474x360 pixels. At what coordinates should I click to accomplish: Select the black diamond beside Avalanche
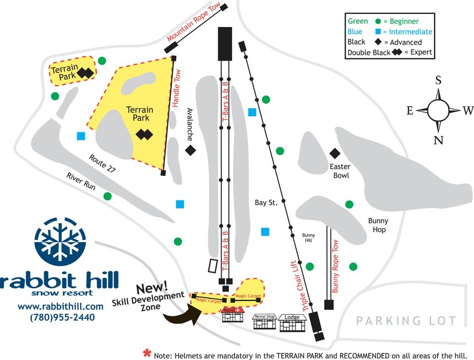[x=191, y=150]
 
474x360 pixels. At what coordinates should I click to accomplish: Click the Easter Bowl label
[x=340, y=171]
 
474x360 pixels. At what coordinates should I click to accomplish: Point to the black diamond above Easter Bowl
[x=334, y=153]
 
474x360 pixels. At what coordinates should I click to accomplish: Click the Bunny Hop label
[x=378, y=225]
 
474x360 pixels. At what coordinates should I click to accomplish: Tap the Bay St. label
[x=265, y=203]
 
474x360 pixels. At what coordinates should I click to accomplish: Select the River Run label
[x=81, y=181]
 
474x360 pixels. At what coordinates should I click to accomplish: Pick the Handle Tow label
[x=177, y=92]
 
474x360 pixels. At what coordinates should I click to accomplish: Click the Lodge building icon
[x=292, y=323]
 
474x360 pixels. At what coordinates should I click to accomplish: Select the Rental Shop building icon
[x=263, y=322]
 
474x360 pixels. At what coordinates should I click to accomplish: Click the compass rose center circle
[x=439, y=110]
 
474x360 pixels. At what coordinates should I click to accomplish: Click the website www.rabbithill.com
[x=61, y=307]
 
